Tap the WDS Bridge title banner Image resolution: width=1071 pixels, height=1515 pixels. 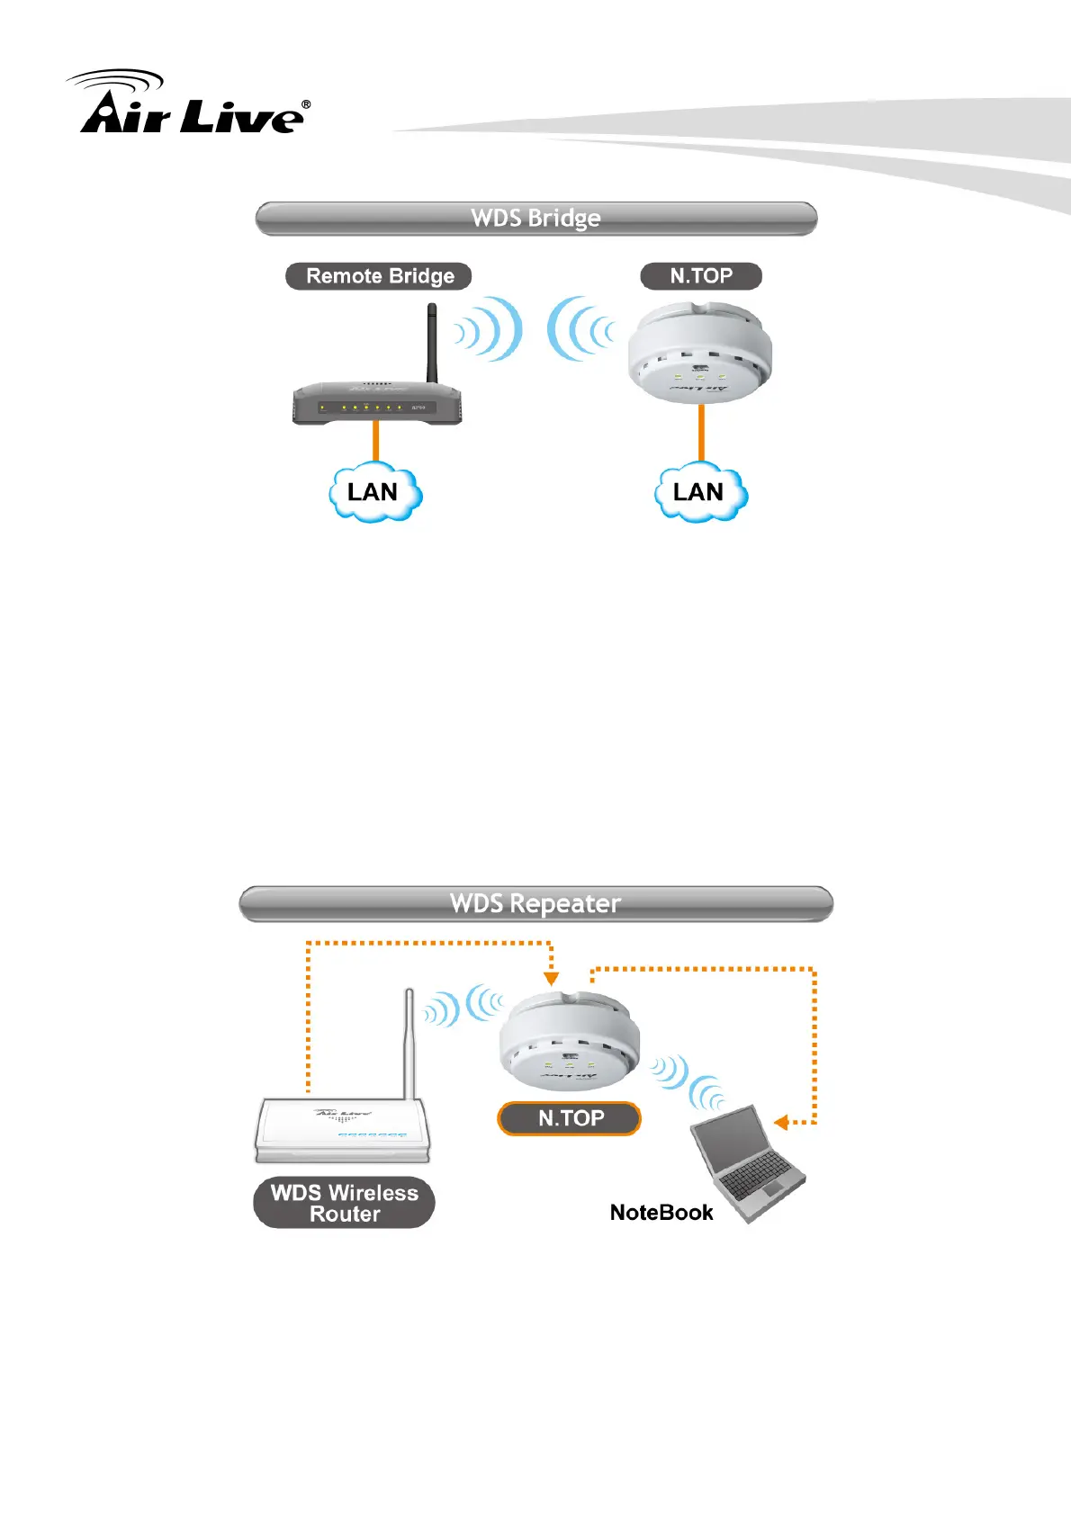(536, 219)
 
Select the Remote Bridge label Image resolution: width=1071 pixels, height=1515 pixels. (379, 276)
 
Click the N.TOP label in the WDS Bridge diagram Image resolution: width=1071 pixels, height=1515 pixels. (701, 276)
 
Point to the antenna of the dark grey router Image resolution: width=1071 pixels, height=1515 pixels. (432, 342)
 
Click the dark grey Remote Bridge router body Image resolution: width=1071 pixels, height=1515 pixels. (377, 404)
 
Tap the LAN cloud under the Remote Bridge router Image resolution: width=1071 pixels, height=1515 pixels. (374, 492)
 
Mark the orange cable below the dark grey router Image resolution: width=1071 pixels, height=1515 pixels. (376, 443)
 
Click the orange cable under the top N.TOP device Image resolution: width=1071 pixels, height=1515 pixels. (701, 434)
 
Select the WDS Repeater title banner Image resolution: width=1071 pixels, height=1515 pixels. (536, 904)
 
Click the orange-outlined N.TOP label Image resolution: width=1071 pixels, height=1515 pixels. (570, 1118)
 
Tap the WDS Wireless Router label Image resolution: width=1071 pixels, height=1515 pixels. (344, 1203)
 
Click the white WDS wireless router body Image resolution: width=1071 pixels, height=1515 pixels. (343, 1130)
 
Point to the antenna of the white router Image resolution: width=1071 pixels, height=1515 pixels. (409, 1044)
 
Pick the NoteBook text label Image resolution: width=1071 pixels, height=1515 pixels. (661, 1213)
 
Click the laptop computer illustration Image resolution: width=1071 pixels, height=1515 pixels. (748, 1165)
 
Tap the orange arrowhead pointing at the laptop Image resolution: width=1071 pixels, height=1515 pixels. (781, 1122)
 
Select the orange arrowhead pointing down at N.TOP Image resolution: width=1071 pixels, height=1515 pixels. (552, 979)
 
